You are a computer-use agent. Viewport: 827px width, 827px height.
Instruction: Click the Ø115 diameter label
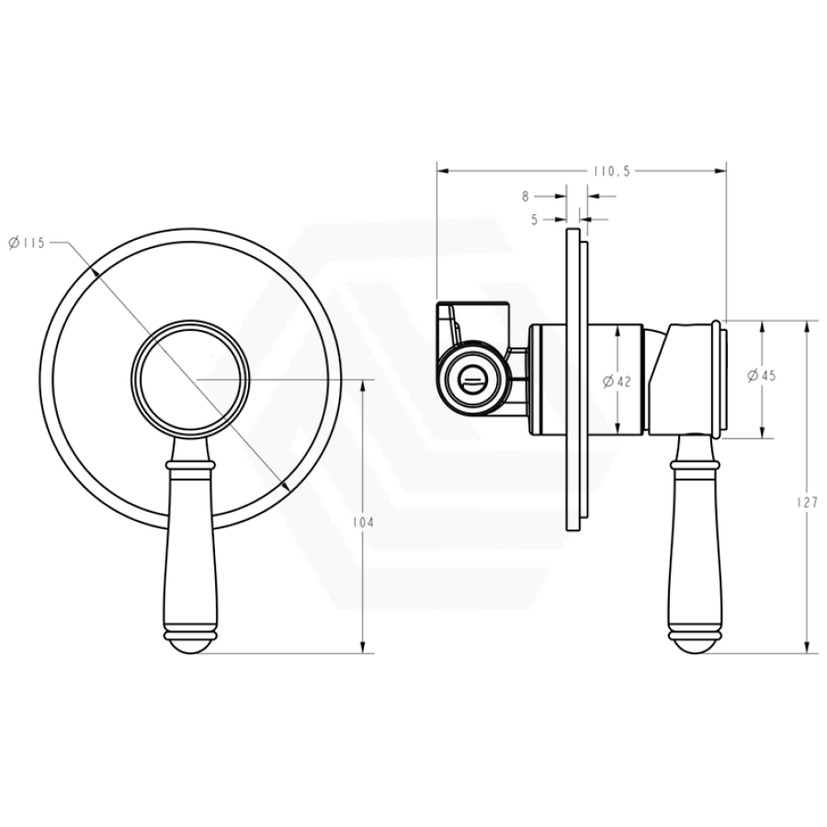(27, 243)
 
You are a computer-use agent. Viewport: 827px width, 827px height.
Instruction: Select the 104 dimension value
(363, 522)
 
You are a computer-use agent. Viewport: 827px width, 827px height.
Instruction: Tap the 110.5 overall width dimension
(612, 172)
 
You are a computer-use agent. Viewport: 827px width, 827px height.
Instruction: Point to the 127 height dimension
(807, 502)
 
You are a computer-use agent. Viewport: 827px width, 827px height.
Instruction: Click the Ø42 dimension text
(617, 380)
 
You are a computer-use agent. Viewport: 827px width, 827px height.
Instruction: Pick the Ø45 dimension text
(762, 376)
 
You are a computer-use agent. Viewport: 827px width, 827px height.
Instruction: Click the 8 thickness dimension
(526, 197)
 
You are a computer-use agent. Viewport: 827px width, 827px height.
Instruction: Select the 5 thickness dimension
(534, 220)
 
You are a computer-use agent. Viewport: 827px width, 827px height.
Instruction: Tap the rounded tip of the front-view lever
(190, 646)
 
